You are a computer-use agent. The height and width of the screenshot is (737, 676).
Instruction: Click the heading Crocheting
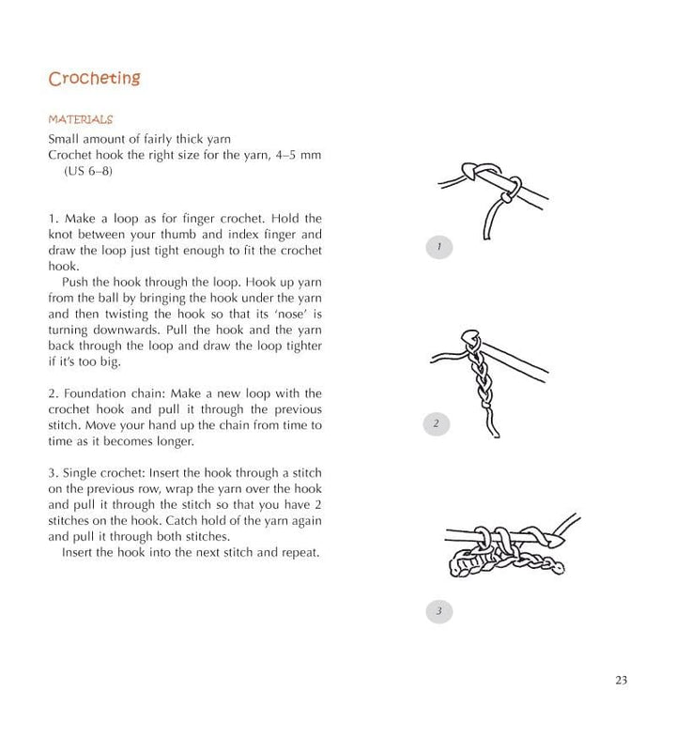94,78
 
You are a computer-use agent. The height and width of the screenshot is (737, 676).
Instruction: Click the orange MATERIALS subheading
80,120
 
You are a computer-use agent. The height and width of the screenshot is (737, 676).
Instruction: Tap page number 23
622,682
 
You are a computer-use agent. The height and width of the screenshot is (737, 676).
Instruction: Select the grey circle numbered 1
438,248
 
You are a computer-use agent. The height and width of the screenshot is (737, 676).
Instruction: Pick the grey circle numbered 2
437,424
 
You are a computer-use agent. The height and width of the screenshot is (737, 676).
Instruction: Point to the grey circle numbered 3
438,612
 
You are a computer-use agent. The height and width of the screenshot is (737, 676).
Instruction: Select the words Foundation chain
109,393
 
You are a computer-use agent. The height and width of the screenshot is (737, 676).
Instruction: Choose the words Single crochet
102,472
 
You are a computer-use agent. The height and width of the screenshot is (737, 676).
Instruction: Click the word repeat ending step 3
300,552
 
